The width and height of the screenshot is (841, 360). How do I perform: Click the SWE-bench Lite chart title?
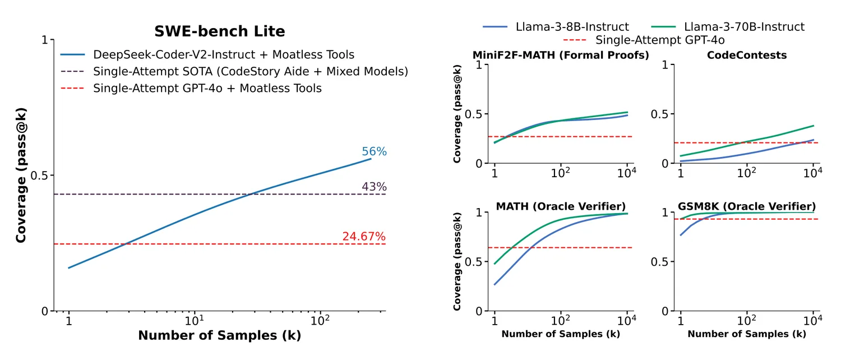[x=220, y=32]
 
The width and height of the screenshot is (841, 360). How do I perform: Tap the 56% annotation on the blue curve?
[x=374, y=152]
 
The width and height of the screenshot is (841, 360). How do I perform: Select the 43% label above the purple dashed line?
[x=374, y=187]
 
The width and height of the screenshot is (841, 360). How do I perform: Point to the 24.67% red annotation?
[x=364, y=237]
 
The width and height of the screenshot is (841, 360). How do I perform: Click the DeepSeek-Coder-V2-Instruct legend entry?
[x=223, y=55]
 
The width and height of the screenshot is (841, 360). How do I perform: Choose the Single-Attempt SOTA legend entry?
[x=250, y=71]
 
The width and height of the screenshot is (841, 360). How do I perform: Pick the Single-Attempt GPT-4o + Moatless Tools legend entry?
[x=207, y=88]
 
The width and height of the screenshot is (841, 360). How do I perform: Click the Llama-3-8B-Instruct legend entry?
[x=572, y=27]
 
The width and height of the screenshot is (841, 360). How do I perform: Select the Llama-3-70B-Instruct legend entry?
[x=743, y=27]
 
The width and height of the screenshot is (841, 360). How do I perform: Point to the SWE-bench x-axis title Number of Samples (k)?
[x=219, y=336]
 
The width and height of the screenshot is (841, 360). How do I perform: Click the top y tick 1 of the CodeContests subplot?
[x=665, y=65]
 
